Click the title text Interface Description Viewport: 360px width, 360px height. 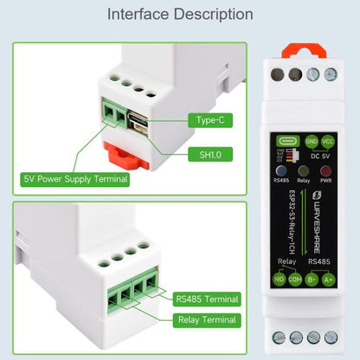[x=180, y=15]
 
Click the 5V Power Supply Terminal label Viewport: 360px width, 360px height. [x=75, y=179]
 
